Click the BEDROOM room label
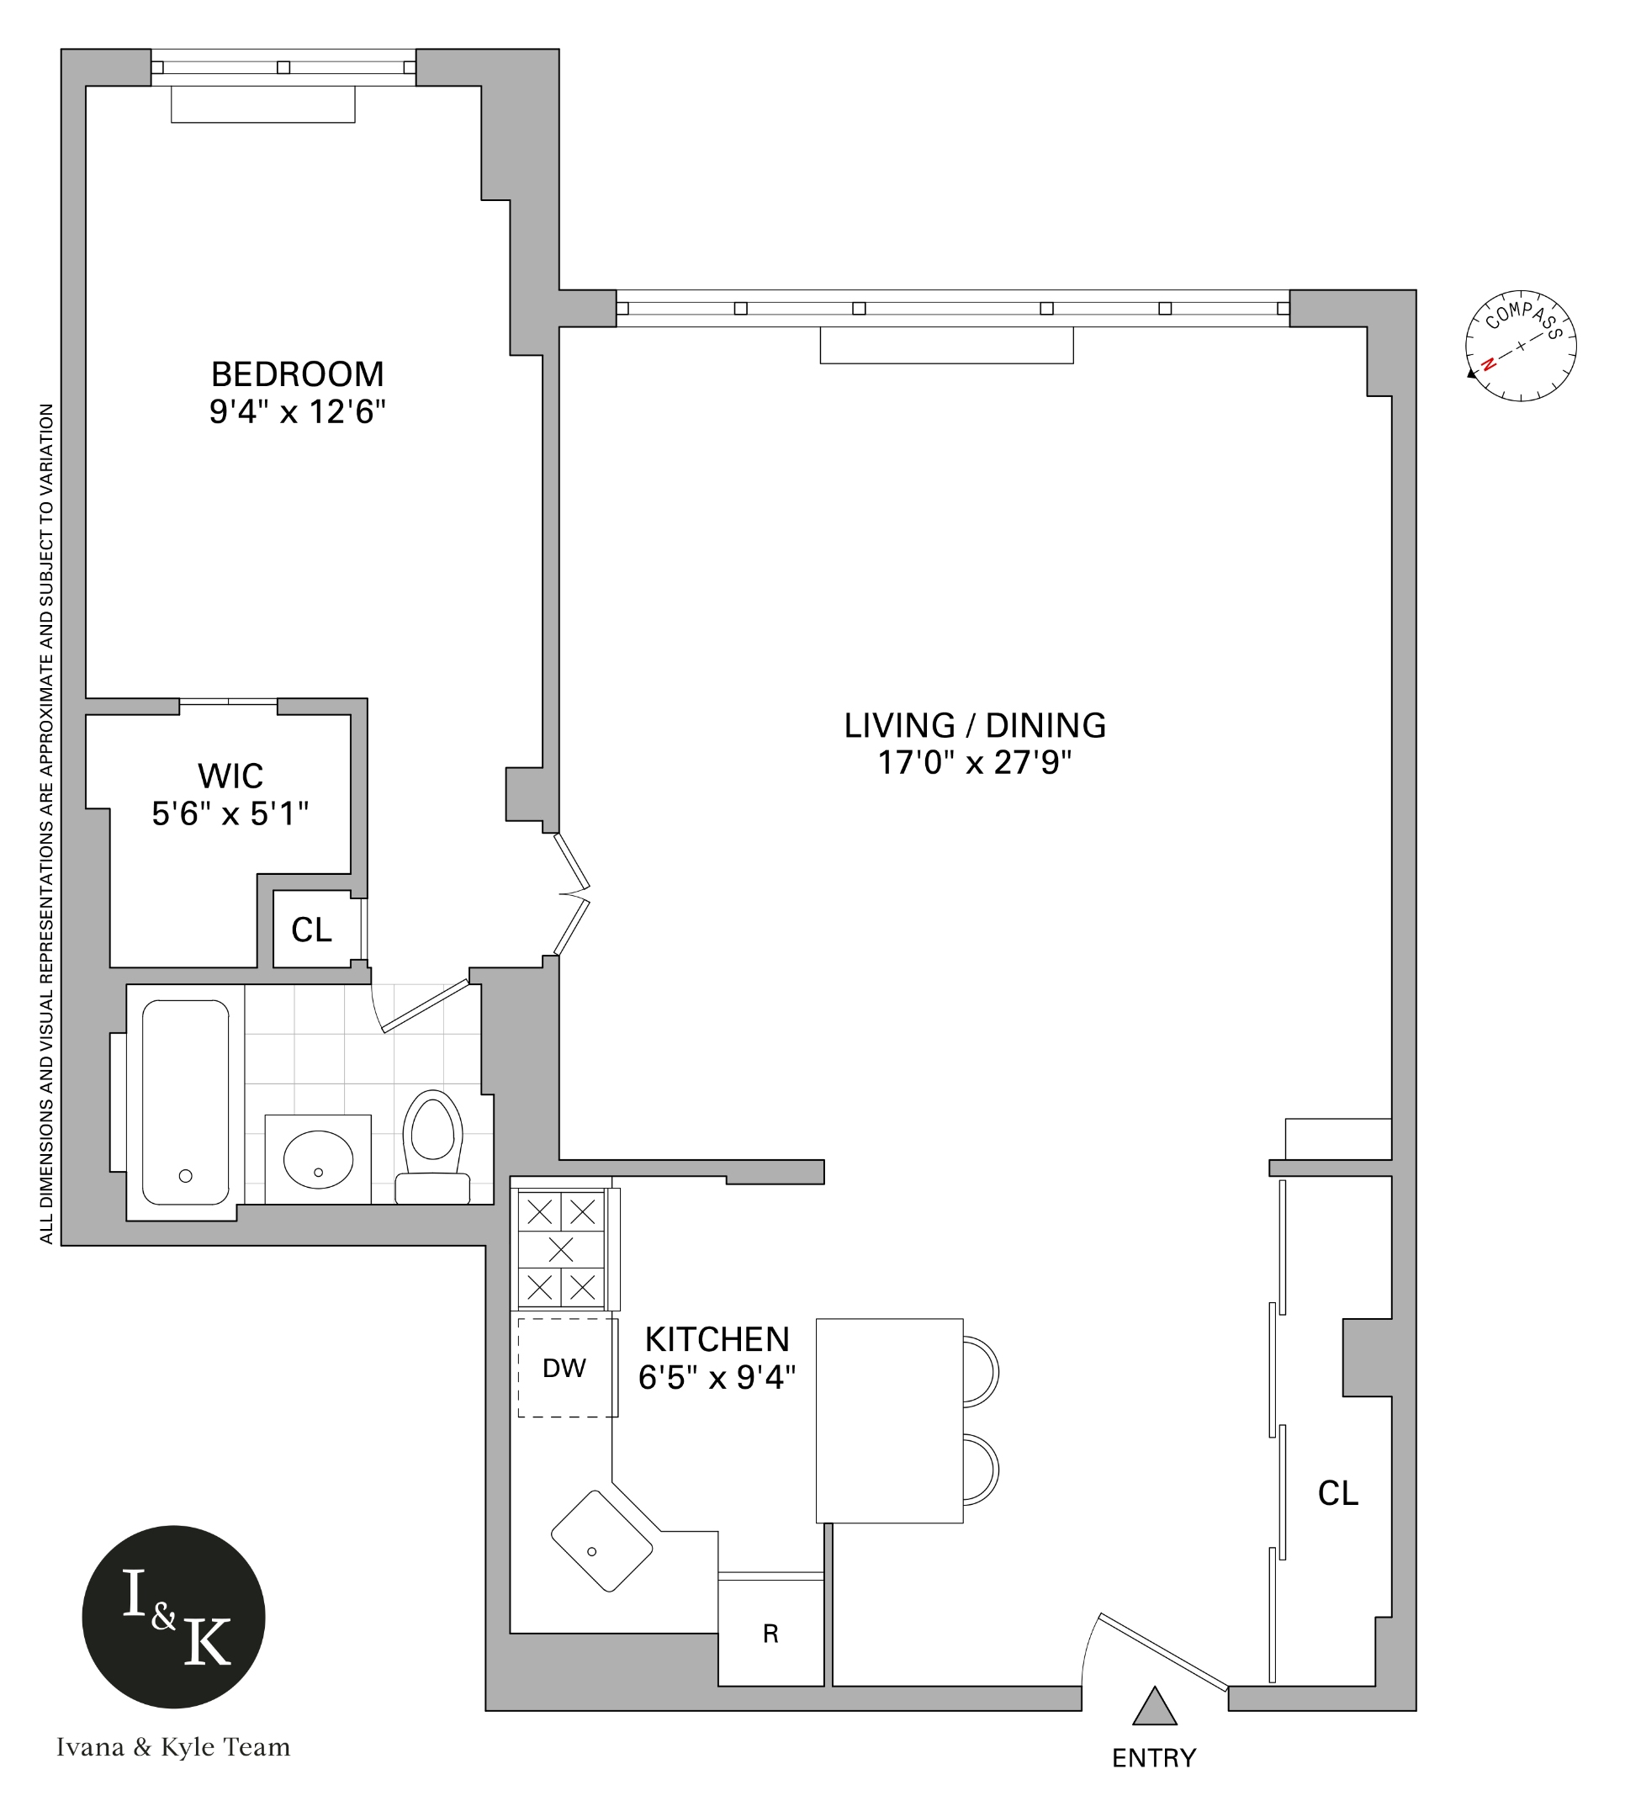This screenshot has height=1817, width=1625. coord(297,373)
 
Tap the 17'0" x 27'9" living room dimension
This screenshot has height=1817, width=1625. coord(974,762)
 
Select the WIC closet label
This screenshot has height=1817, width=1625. coord(230,775)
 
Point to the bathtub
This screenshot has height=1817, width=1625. coord(186,1102)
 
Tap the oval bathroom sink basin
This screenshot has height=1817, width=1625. coord(318,1159)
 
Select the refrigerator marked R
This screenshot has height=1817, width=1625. coord(770,1633)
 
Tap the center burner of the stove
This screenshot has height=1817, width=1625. coord(561,1249)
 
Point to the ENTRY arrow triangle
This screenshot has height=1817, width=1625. coord(1155,1707)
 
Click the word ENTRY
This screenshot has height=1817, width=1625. coord(1154,1757)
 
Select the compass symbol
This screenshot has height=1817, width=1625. coord(1521,346)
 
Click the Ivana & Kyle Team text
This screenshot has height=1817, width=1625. coord(173,1747)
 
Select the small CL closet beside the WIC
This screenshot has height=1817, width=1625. coord(311,930)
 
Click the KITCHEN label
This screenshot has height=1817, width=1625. coord(717,1339)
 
